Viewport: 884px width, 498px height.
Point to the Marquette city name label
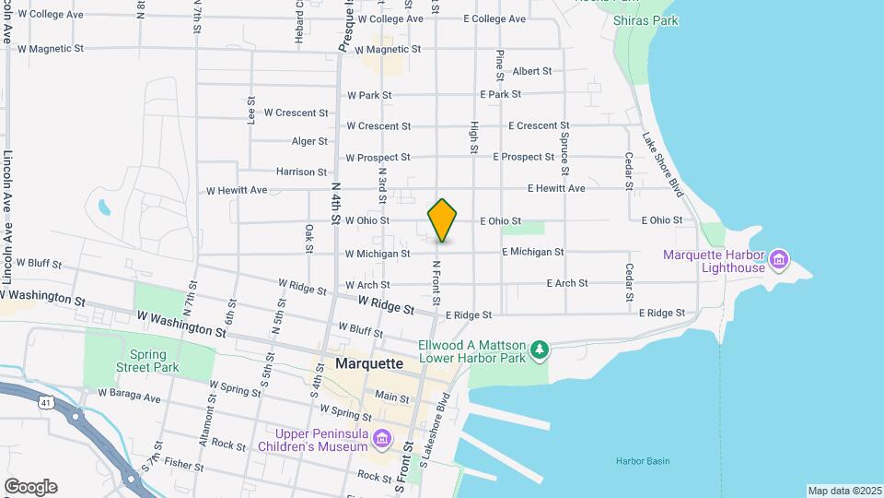[370, 363]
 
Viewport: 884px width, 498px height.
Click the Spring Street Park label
[154, 361]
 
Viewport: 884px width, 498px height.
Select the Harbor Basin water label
[643, 461]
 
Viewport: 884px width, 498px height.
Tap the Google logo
[30, 487]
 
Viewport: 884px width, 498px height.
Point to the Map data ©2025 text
[844, 491]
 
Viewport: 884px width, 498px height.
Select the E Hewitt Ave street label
[556, 189]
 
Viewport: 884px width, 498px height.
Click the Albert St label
[531, 71]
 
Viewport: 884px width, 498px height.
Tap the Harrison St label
[301, 172]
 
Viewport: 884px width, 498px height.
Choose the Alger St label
[309, 141]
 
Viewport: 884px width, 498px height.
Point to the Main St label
[392, 397]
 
